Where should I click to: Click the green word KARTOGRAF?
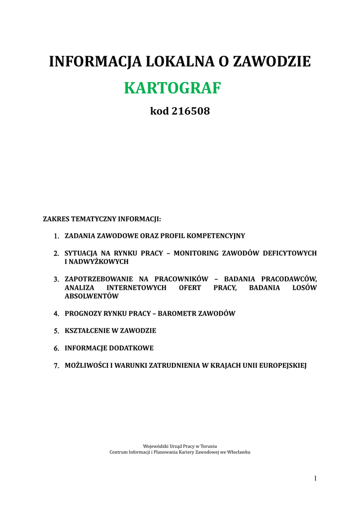click(x=172, y=88)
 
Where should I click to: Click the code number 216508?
click(x=191, y=111)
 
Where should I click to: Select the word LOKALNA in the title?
click(x=179, y=62)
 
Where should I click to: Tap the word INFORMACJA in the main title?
click(x=94, y=62)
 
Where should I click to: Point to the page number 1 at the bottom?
click(x=315, y=478)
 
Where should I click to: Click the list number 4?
click(x=56, y=314)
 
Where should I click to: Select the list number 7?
click(x=56, y=366)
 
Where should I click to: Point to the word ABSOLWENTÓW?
click(x=91, y=296)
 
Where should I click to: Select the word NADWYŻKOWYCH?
click(x=99, y=261)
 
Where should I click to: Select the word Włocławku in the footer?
click(x=239, y=452)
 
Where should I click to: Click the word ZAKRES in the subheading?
click(x=56, y=218)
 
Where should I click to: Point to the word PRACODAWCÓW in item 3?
click(x=289, y=279)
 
